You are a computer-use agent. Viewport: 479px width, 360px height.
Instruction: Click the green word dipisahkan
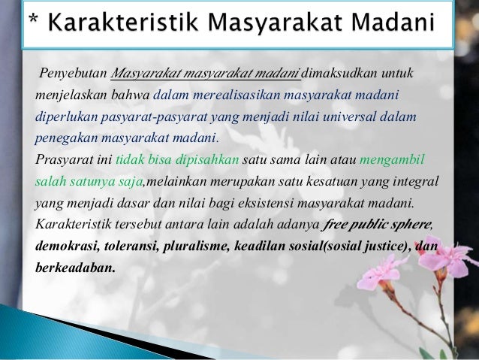206,160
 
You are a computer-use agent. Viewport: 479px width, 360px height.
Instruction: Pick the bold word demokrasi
65,245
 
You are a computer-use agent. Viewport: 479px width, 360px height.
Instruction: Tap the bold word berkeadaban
74,266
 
